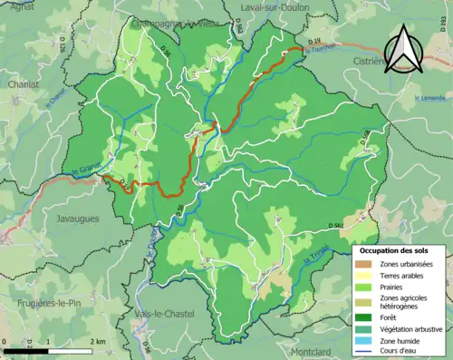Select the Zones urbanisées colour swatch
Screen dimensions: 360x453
point(366,264)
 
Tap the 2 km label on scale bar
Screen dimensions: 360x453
point(100,340)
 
